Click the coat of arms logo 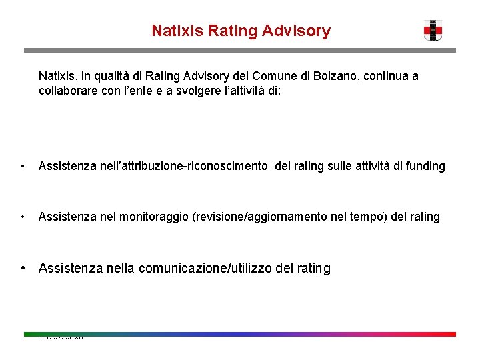[x=433, y=31]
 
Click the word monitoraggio [x=151, y=217]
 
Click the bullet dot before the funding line [x=23, y=167]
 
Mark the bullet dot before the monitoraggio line [x=23, y=217]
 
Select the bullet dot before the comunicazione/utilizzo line [x=23, y=269]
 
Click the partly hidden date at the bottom [x=62, y=338]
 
